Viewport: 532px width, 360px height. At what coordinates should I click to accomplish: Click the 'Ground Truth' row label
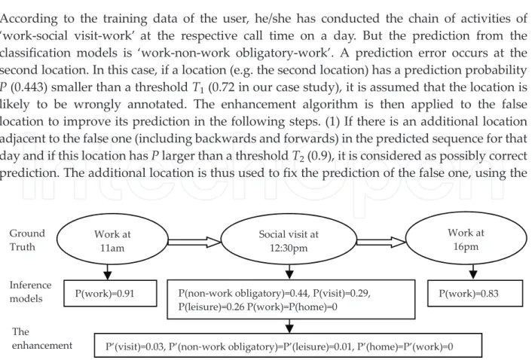[27, 240]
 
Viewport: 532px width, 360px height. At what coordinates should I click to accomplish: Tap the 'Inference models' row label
[30, 292]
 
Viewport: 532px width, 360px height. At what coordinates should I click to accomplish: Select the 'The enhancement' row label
[42, 339]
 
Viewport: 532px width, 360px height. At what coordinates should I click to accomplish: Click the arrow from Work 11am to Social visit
[194, 241]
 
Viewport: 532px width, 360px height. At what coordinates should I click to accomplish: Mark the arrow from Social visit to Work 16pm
[381, 241]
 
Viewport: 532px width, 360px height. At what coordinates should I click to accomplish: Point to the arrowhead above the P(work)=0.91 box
[108, 275]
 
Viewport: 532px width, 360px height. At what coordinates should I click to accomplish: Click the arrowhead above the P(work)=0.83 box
[474, 275]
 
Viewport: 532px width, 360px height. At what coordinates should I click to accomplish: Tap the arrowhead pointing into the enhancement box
[289, 329]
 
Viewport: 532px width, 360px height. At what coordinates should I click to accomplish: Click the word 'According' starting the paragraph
[29, 20]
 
